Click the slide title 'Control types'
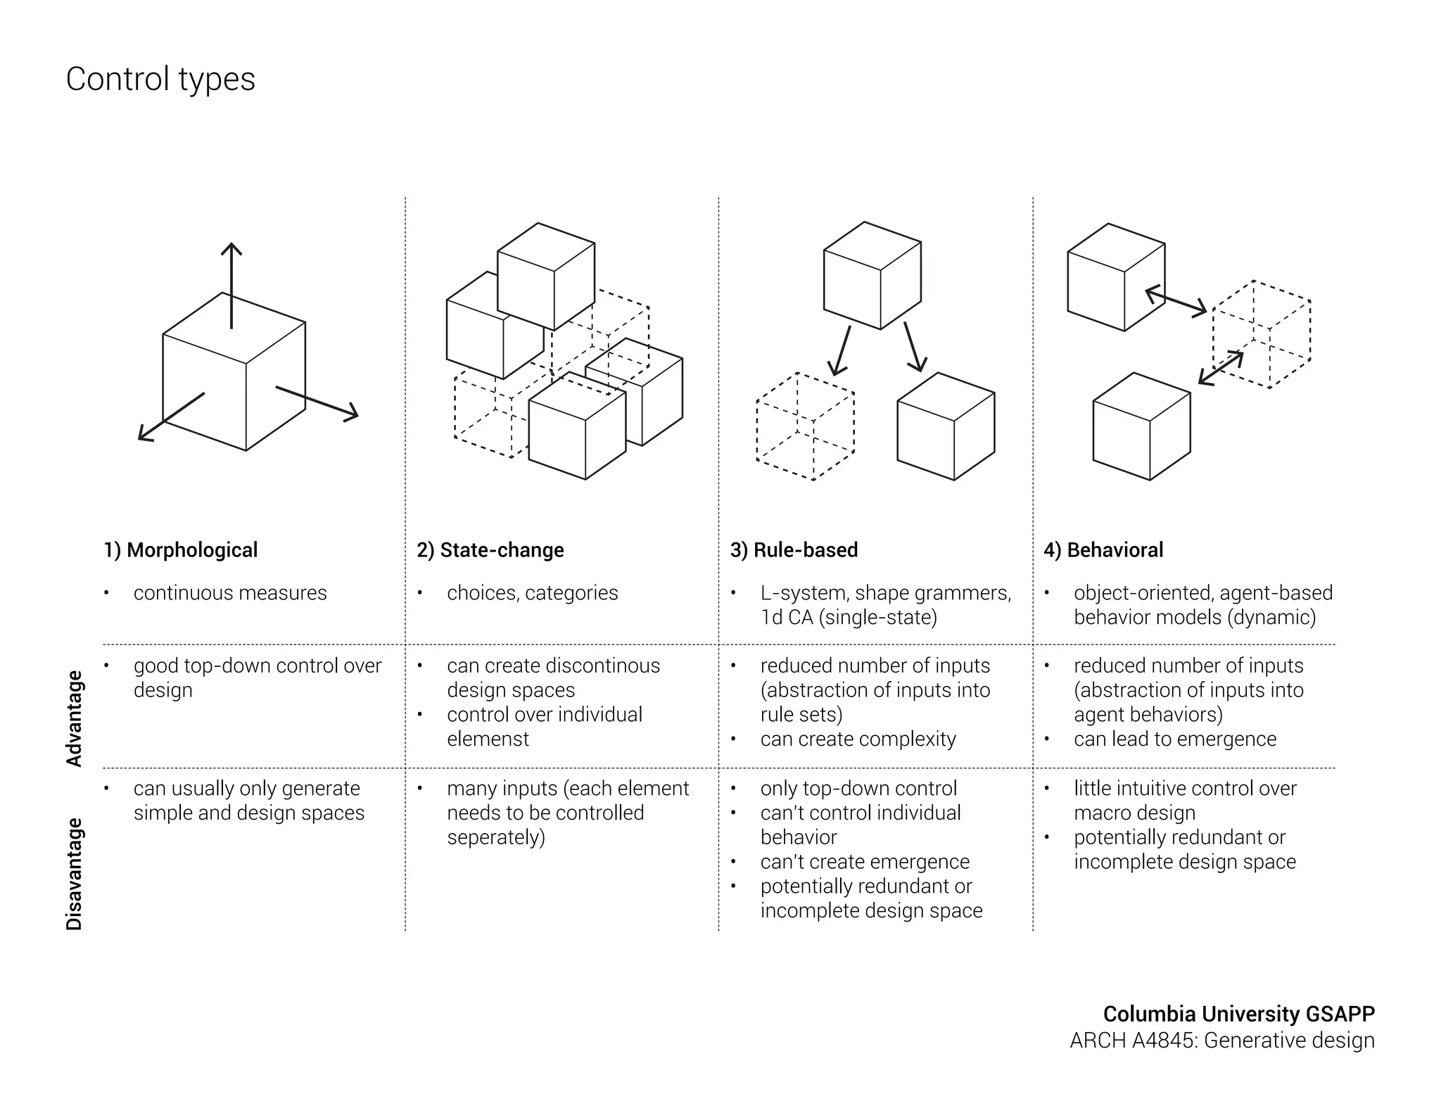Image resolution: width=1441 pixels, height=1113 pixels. pos(160,79)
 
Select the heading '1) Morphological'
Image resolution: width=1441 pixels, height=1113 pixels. pos(181,549)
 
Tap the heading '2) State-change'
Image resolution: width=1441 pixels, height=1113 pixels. pos(490,549)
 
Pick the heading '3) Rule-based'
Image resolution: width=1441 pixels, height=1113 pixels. pos(794,549)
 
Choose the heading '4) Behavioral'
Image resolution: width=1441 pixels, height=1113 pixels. pos(1103,549)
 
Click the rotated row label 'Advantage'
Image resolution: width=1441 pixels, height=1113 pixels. pos(74,718)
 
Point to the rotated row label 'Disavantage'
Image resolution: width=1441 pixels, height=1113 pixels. pos(74,874)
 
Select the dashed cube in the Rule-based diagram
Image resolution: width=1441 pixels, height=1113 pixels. pos(806,426)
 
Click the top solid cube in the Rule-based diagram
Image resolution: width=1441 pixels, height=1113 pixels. pos(872,276)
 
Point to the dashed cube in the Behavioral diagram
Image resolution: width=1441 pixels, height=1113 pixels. pos(1262,335)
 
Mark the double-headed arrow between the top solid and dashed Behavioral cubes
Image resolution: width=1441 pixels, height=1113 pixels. pos(1176,301)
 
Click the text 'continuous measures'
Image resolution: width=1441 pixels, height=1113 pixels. pos(230,593)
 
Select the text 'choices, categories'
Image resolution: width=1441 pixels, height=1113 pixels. pos(532,593)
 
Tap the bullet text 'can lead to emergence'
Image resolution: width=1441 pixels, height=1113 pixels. pos(1175,739)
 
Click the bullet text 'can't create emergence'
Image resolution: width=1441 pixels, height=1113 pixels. pos(865,862)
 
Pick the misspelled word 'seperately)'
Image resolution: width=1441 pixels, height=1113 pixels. pos(496,837)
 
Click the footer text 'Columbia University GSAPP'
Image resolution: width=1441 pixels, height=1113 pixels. pos(1238,1014)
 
